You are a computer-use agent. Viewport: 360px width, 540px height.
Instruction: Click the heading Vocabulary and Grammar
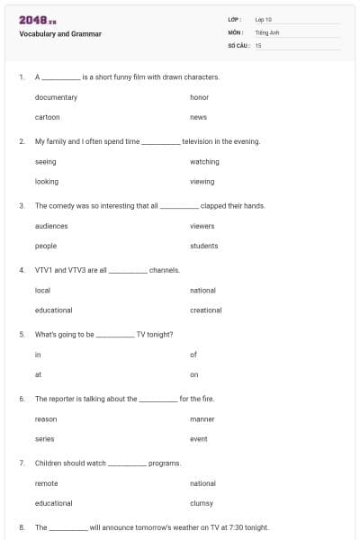coord(59,34)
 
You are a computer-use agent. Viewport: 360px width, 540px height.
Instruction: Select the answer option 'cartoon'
coord(48,117)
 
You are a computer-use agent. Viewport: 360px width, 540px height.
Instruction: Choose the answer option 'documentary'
coord(56,97)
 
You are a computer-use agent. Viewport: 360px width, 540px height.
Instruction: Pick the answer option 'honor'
coord(199,97)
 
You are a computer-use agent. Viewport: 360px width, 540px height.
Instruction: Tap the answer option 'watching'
coord(204,162)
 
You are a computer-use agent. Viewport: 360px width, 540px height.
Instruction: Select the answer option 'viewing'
coord(202,182)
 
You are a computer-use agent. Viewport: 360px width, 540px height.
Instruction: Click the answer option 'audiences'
coord(51,226)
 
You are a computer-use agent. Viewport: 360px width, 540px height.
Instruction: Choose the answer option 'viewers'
coord(203,226)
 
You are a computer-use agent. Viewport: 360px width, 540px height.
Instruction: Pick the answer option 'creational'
coord(205,310)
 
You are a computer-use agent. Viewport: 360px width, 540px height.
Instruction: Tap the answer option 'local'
coord(42,291)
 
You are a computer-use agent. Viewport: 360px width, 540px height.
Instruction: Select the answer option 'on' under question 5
coord(194,374)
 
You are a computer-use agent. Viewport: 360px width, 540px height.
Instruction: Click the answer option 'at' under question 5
coord(38,374)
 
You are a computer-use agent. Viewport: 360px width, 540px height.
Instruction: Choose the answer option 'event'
coord(199,439)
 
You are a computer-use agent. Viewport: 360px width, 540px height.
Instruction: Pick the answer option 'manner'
coord(202,419)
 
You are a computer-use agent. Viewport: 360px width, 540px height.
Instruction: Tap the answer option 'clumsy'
coord(202,503)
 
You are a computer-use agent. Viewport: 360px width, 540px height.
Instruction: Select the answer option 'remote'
coord(47,483)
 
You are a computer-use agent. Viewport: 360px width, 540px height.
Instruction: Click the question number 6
coord(22,399)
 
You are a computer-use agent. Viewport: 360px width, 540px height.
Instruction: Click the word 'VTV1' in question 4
coord(43,270)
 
